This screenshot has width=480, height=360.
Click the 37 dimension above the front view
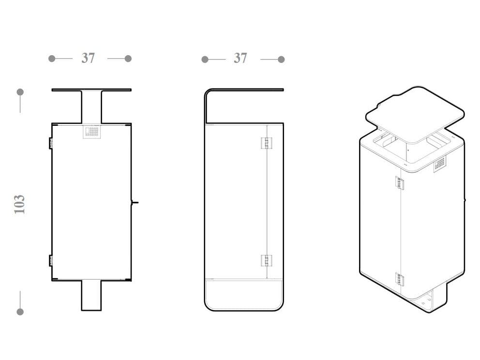click(88, 58)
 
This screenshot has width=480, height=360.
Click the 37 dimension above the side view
click(240, 58)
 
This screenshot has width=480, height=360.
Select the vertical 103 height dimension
click(19, 204)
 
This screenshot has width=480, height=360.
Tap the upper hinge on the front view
click(51, 143)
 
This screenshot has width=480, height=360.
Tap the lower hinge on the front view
click(51, 260)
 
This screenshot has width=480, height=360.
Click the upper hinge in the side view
click(266, 143)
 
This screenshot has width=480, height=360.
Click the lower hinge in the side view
click(266, 260)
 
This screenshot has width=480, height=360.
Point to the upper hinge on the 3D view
click(400, 183)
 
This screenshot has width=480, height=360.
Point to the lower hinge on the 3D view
click(400, 279)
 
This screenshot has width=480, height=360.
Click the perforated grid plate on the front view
click(92, 132)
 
